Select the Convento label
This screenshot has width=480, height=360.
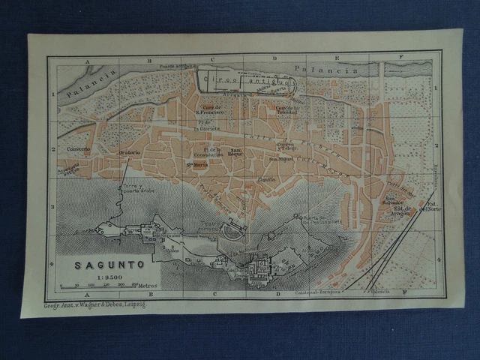[77, 148]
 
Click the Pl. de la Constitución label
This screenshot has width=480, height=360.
[210, 153]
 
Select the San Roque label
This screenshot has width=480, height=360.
[235, 153]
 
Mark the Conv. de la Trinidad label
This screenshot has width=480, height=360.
[286, 109]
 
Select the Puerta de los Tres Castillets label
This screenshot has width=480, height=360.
[322, 219]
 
